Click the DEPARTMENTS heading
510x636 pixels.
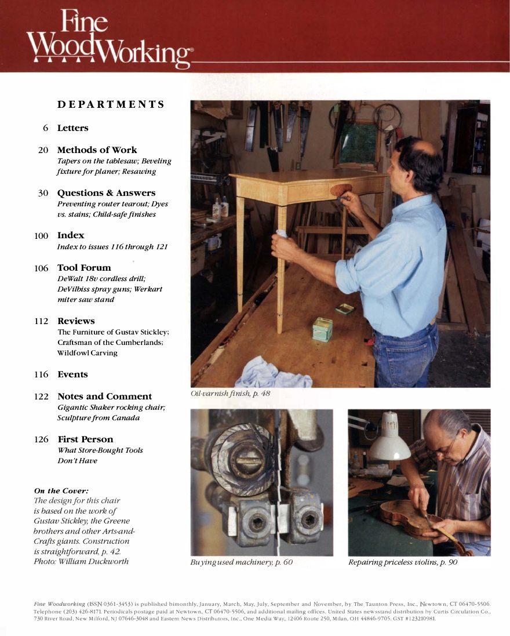(x=111, y=105)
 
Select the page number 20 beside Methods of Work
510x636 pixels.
(x=43, y=150)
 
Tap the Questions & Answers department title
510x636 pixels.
(x=106, y=193)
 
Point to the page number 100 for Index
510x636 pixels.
(x=41, y=235)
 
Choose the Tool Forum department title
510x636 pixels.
(x=84, y=268)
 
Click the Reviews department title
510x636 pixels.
(x=76, y=321)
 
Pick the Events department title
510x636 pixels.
(x=72, y=375)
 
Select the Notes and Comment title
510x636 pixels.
(x=104, y=397)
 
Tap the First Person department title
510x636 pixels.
(x=85, y=439)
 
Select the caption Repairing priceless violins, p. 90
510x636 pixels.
(x=403, y=562)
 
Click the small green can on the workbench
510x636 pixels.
(x=322, y=329)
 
